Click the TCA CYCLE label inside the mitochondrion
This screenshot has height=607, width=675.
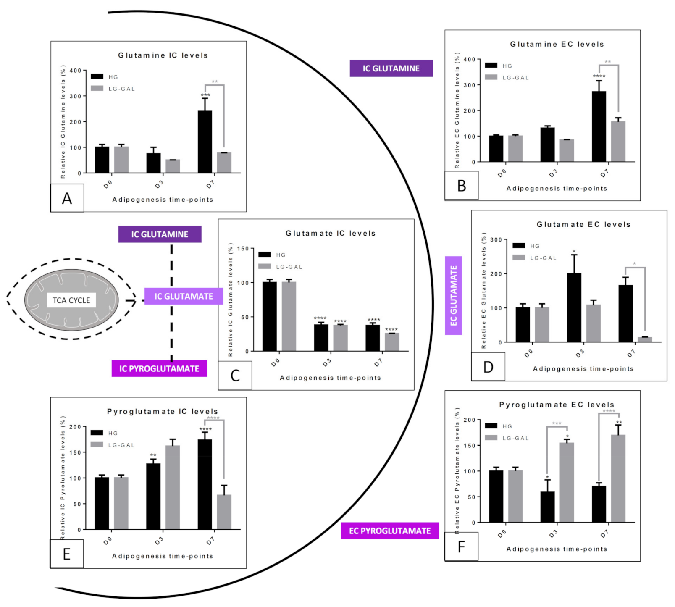(71, 300)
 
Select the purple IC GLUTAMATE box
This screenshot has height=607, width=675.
(184, 296)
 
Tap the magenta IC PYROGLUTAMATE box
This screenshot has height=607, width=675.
(159, 368)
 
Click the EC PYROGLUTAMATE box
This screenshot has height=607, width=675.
(390, 531)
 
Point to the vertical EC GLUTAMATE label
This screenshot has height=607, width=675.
(453, 295)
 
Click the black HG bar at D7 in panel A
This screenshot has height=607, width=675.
(205, 142)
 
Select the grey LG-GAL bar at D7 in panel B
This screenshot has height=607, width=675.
(618, 142)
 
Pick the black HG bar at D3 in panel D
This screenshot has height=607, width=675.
(574, 307)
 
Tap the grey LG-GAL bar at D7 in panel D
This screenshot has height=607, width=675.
(645, 339)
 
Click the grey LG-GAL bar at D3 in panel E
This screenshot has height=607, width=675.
(172, 487)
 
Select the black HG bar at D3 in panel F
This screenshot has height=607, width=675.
(547, 507)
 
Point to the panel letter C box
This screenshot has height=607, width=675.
(235, 375)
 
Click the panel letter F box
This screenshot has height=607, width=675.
(461, 547)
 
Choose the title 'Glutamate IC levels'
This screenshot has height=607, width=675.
(331, 233)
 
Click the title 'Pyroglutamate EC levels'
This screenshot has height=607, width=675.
(557, 405)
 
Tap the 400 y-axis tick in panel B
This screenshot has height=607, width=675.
(469, 59)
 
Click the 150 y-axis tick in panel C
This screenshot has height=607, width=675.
(242, 248)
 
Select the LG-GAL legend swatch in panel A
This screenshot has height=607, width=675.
(97, 88)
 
